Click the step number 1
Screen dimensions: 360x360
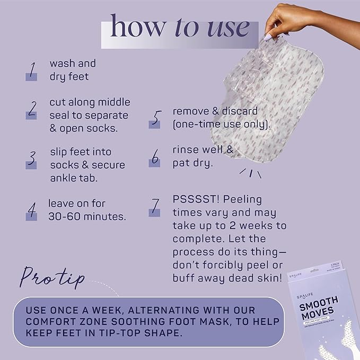point(31,70)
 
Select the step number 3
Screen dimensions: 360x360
point(31,159)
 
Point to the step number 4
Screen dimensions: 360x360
point(31,210)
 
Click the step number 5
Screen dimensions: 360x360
point(154,118)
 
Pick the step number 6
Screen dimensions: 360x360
point(154,156)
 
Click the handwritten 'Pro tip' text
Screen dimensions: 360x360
point(52,276)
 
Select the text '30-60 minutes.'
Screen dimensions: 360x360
point(87,216)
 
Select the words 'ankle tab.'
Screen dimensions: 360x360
point(74,178)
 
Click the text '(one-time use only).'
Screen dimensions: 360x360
point(222,125)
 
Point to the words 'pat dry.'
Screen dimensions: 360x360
point(192,163)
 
